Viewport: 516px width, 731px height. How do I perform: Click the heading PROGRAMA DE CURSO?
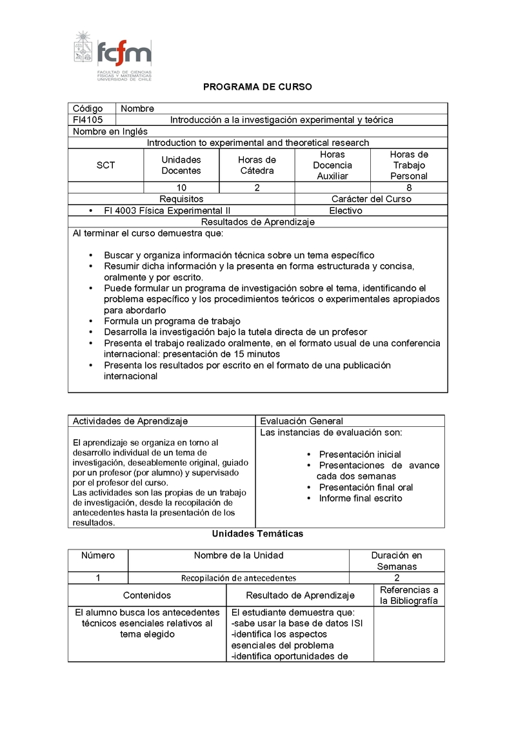pos(257,87)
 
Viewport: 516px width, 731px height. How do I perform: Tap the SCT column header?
pos(106,165)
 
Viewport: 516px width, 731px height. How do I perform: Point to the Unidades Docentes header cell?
pos(181,165)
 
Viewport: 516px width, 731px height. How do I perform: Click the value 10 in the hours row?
pos(181,188)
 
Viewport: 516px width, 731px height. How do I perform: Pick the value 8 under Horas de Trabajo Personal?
pos(409,188)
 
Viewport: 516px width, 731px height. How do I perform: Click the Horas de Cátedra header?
pos(257,165)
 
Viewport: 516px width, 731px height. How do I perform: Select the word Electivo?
pos(346,211)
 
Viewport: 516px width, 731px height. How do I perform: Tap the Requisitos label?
pos(181,199)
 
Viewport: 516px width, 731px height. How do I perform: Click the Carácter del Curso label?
pos(371,199)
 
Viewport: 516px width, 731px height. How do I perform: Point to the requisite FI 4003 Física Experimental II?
pos(167,211)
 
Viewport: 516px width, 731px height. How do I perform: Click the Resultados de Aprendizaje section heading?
pos(257,221)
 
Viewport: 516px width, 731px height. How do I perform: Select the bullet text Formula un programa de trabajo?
pos(172,321)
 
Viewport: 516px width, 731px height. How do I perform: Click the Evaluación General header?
pos(301,421)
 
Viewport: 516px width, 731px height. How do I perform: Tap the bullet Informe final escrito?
pos(361,498)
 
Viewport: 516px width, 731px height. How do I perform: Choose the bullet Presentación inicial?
pos(360,454)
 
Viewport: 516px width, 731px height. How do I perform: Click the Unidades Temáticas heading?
pos(257,534)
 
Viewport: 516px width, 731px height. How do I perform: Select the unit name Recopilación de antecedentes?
pos(239,578)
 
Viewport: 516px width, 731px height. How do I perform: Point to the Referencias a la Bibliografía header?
pos(409,595)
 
